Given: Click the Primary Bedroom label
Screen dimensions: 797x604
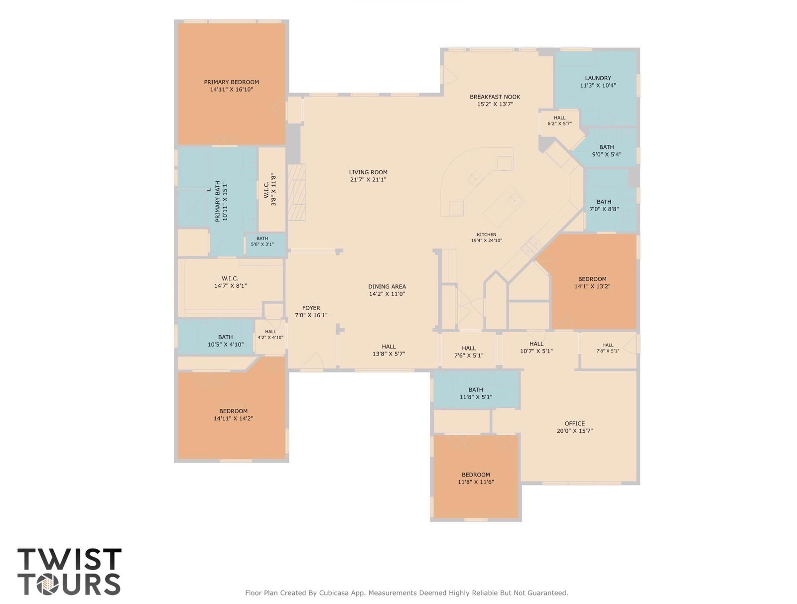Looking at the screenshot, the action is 231,82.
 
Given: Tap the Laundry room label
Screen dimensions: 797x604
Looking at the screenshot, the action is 598,78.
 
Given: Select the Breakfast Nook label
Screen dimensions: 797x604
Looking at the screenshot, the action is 495,97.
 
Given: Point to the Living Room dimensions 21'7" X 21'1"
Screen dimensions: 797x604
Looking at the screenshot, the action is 368,180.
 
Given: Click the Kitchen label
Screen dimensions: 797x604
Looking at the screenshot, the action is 487,235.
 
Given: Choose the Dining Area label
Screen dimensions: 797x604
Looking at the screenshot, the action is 387,287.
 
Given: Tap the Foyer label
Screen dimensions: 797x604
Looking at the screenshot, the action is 311,308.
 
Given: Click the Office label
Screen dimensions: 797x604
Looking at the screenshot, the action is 575,424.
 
